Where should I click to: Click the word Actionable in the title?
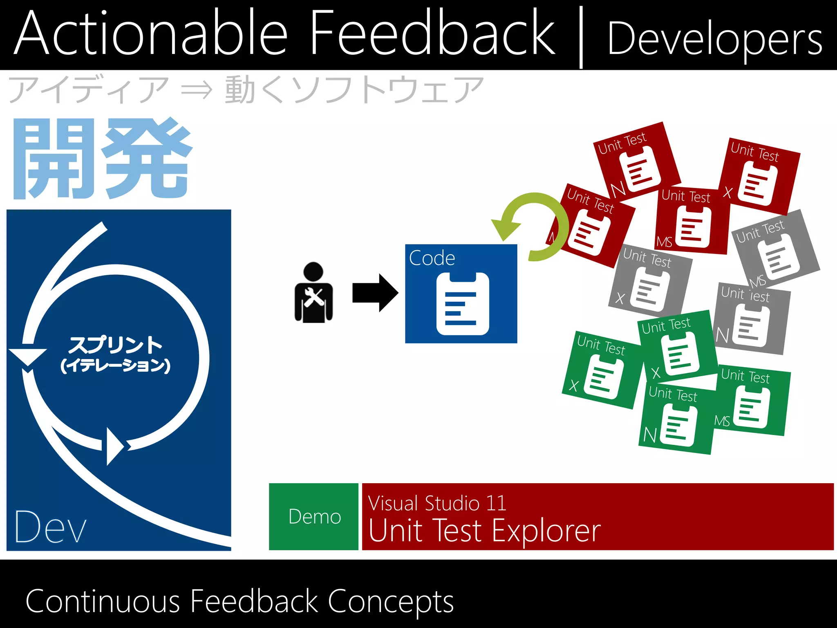(151, 34)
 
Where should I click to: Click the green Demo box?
(314, 516)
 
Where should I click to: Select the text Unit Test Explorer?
(484, 531)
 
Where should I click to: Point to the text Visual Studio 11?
(437, 503)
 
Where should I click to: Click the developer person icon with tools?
(313, 293)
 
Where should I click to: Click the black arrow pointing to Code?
(375, 293)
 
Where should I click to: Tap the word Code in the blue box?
(432, 258)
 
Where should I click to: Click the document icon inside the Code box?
(463, 303)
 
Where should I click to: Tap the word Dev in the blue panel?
(50, 527)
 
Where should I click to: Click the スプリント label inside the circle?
(115, 345)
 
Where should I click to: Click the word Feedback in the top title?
(432, 34)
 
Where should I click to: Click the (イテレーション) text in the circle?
(115, 365)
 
